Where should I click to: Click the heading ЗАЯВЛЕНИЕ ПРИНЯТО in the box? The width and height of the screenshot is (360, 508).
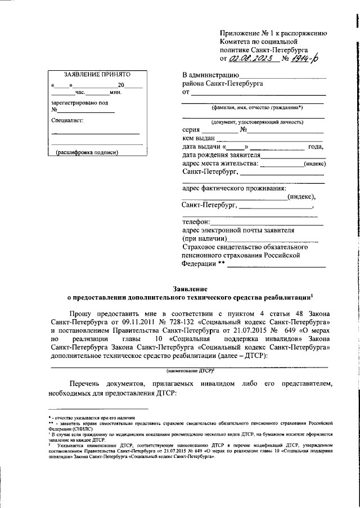[89, 75]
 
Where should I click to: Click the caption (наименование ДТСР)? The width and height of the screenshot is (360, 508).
[188, 371]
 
